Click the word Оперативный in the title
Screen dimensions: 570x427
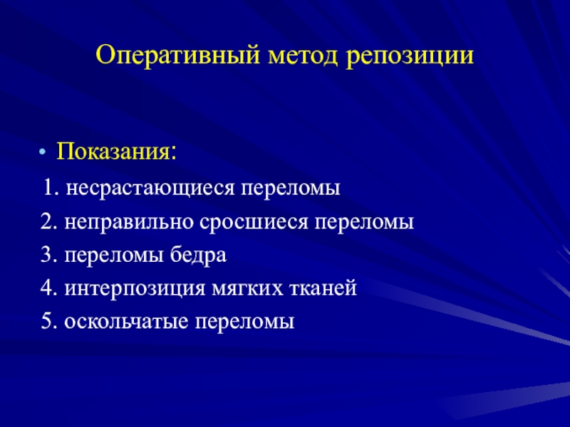coord(178,56)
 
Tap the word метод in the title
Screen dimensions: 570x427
coord(303,56)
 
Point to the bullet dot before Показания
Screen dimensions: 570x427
coord(43,152)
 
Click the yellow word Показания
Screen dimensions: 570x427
coord(116,151)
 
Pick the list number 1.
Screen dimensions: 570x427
coord(51,188)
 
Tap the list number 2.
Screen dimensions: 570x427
coord(49,221)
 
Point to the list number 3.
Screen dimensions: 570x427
coord(49,255)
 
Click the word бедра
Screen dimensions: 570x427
coord(199,255)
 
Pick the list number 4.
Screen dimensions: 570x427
coord(49,288)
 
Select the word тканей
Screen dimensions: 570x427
coord(323,288)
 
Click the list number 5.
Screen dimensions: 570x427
coord(49,322)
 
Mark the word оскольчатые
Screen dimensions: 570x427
coord(126,322)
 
